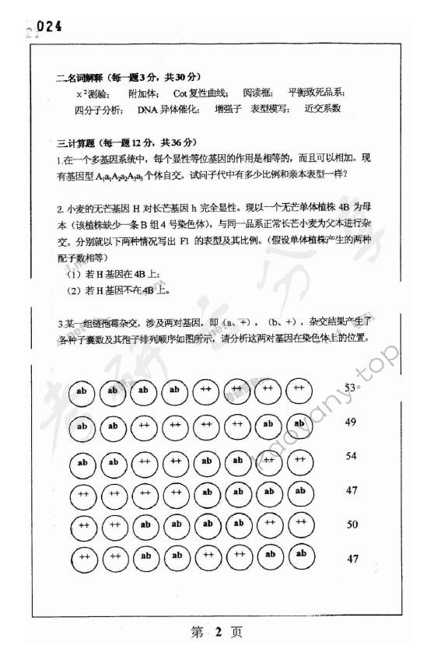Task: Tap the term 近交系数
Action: [x=324, y=109]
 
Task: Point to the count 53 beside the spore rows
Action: [x=351, y=388]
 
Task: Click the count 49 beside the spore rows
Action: [x=351, y=422]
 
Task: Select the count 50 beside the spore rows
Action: [x=352, y=524]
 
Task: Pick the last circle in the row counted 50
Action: [x=300, y=524]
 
